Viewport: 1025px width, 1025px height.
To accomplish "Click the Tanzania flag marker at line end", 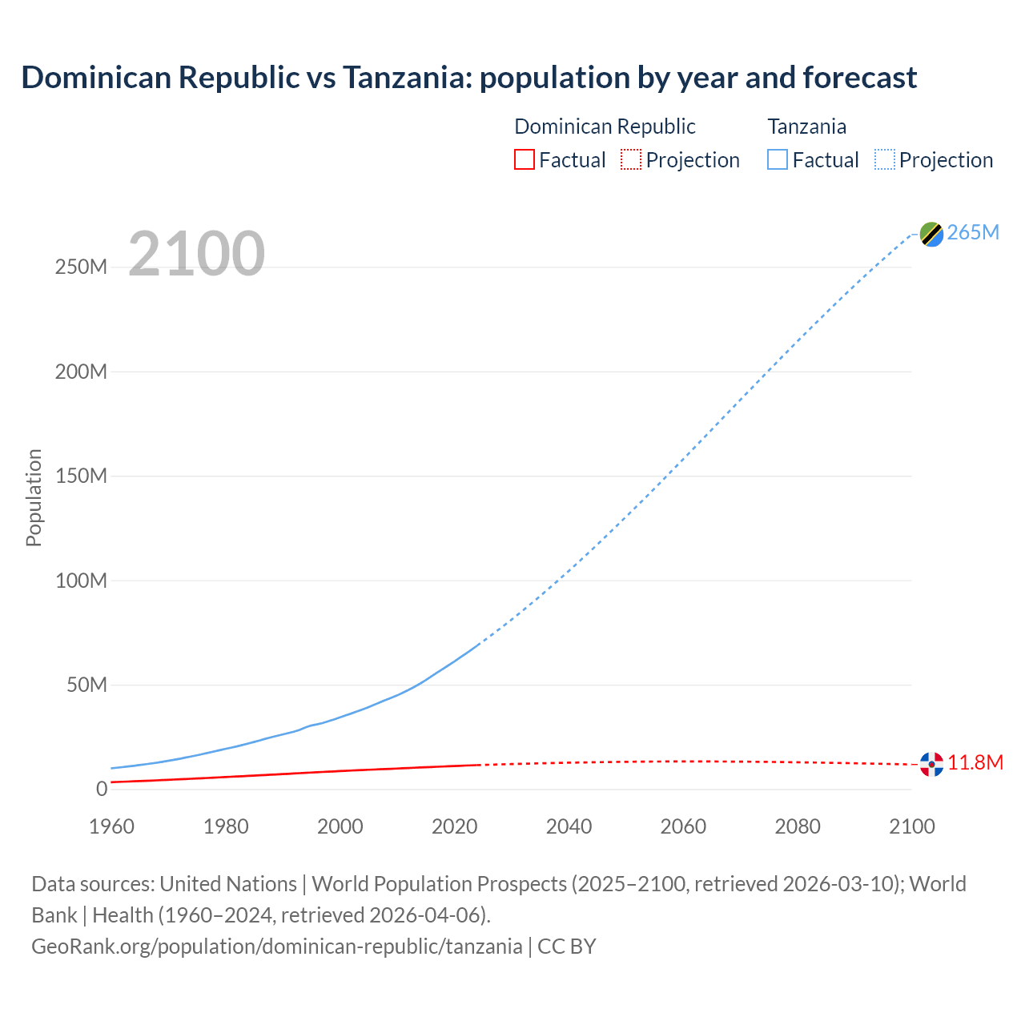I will [x=931, y=234].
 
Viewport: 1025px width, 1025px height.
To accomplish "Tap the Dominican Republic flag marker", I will [x=931, y=764].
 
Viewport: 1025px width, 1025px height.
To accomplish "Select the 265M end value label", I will [x=973, y=232].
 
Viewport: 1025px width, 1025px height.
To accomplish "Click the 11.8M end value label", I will [x=975, y=762].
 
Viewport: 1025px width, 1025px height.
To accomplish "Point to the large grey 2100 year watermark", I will [x=196, y=254].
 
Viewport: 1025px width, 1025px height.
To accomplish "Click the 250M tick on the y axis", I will [x=81, y=267].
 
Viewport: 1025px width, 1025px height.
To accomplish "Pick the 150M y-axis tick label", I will [x=81, y=476].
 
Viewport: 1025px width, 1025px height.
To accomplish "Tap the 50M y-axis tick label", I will [x=86, y=685].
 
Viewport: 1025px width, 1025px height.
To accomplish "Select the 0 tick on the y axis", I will [x=102, y=789].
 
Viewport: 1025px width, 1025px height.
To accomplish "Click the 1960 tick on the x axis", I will [x=111, y=826].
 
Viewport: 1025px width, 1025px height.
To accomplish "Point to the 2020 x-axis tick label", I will [x=454, y=826].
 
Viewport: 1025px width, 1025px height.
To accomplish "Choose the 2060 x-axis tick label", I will [x=683, y=826].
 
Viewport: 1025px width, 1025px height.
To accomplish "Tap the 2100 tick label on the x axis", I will [x=911, y=826].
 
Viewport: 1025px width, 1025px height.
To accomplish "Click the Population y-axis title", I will [x=34, y=497].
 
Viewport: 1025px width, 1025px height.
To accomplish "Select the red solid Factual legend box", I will [x=524, y=160].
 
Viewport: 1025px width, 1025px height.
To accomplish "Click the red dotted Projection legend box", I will [x=631, y=160].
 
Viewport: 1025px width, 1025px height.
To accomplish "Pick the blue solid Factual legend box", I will [x=777, y=160].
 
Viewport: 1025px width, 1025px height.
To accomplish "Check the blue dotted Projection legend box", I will [x=884, y=160].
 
